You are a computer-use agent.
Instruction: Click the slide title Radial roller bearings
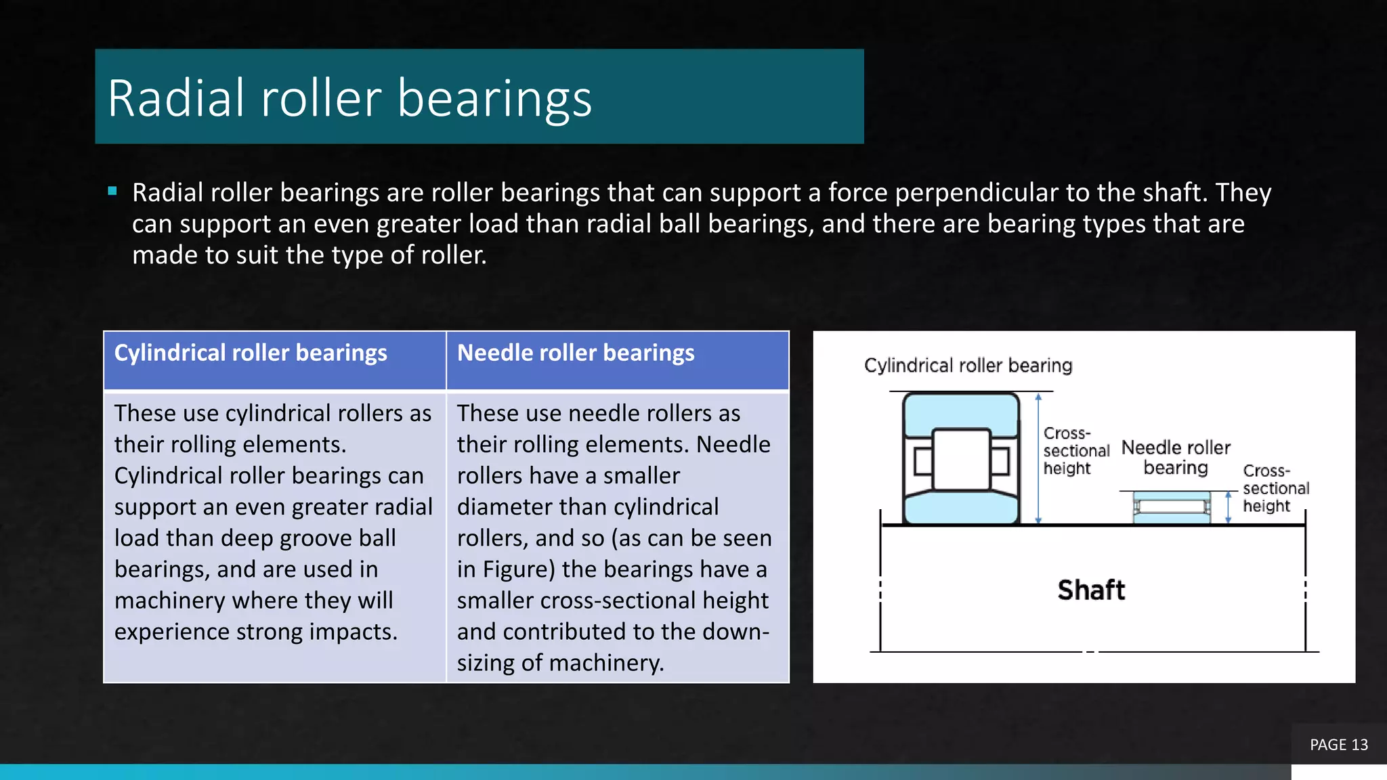point(349,98)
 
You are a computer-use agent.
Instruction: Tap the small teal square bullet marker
point(112,191)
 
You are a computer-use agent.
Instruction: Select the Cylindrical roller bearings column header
point(251,353)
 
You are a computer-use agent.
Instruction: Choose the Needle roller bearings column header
point(576,353)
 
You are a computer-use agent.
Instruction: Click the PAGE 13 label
point(1338,745)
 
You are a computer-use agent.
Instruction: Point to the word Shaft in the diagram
point(1091,590)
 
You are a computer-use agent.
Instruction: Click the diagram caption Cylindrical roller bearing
point(968,366)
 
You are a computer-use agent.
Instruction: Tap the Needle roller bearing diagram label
point(1176,458)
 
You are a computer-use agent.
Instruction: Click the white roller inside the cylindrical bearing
point(961,459)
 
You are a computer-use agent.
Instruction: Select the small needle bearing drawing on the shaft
point(1172,507)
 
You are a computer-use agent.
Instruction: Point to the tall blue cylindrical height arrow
point(1038,458)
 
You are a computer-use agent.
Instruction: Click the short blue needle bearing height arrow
point(1228,507)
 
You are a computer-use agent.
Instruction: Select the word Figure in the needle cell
point(519,569)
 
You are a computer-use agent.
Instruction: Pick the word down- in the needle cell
point(739,632)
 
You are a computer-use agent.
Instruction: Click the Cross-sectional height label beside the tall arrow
point(1075,451)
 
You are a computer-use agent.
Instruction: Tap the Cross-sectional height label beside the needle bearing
point(1275,488)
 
